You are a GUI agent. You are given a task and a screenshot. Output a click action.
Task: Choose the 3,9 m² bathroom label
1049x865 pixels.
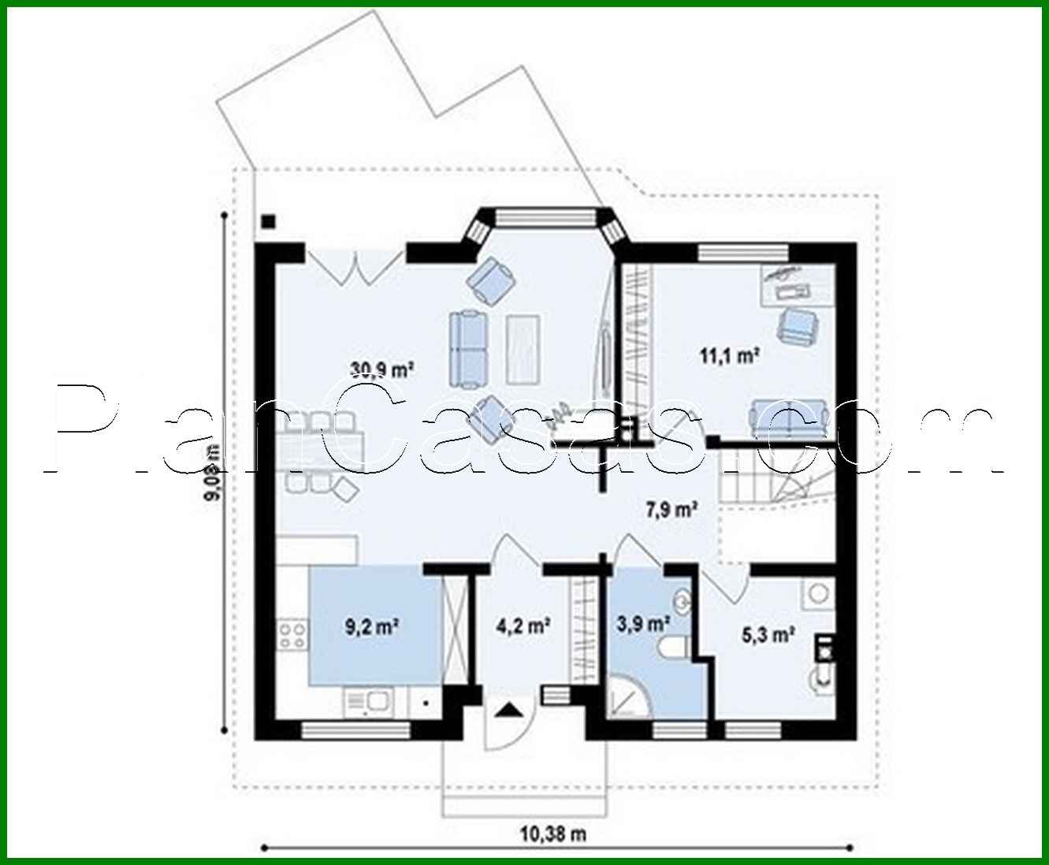click(642, 623)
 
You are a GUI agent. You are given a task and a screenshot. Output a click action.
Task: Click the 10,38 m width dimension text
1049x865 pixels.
click(553, 833)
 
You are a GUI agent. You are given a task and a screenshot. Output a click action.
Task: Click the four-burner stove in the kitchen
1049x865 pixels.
click(292, 635)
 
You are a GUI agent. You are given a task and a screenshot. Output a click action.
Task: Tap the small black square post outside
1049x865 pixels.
click(269, 221)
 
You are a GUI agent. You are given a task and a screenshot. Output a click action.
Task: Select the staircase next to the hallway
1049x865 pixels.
click(776, 481)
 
